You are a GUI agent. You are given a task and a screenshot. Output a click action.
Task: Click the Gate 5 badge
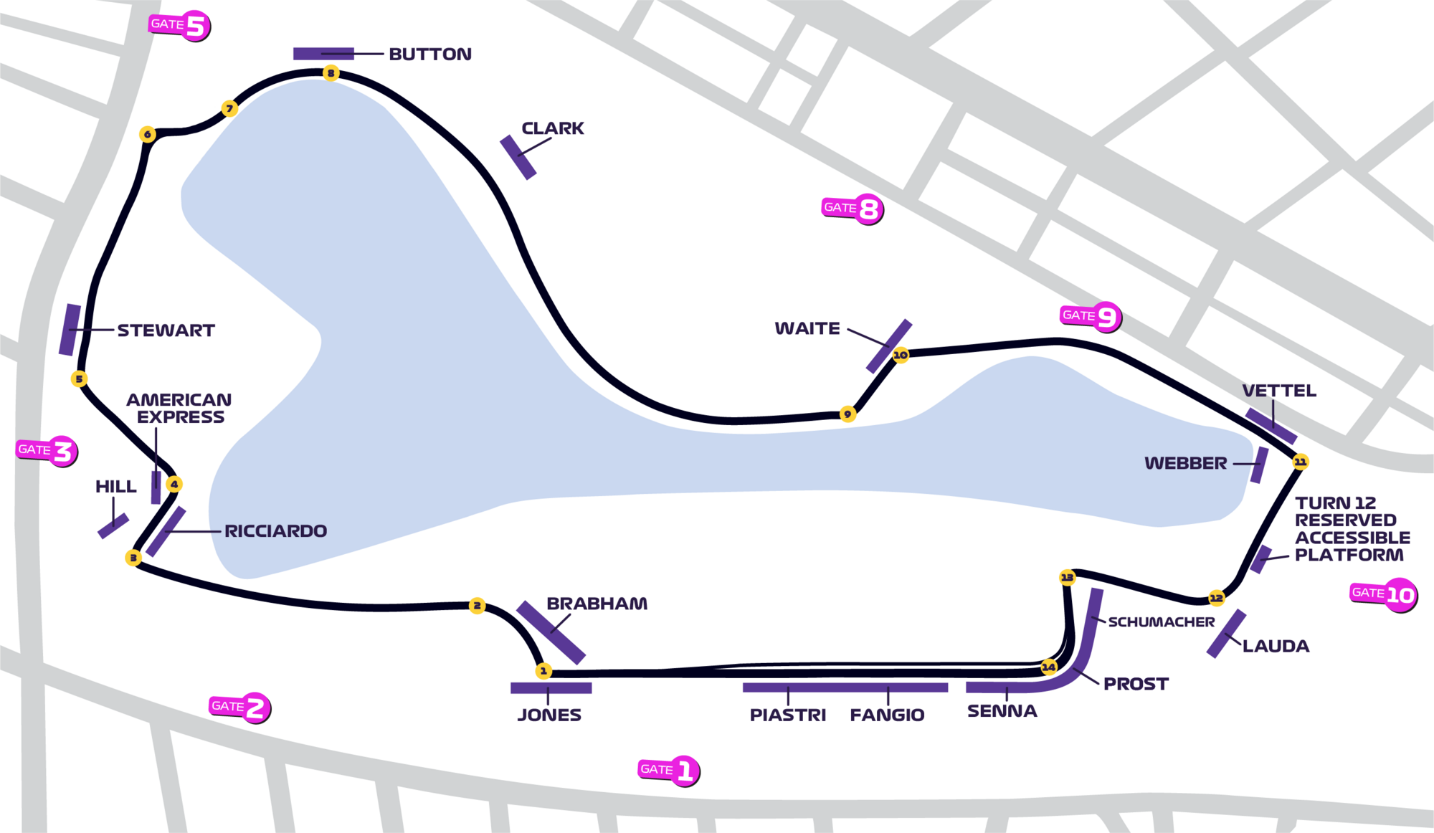[180, 26]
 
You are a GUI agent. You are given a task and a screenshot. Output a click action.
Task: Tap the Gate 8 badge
[853, 209]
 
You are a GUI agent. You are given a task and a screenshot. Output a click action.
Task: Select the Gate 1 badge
[669, 771]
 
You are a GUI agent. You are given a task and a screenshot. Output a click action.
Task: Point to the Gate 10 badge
[1384, 594]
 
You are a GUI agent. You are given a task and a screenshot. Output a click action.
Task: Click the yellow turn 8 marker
[331, 73]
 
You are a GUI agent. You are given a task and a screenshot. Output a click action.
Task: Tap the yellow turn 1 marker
[543, 671]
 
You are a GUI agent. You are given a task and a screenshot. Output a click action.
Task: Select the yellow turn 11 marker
[1300, 462]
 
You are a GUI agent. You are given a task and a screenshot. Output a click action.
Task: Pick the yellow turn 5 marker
[80, 379]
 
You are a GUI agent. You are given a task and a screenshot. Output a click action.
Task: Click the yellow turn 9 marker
[847, 414]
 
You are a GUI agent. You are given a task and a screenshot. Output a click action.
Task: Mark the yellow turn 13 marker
[1068, 577]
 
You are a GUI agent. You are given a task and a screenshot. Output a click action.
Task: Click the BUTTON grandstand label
[430, 54]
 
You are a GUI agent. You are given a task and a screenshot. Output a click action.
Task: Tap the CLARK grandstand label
[553, 128]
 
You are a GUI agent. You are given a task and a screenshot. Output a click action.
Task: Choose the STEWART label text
[166, 330]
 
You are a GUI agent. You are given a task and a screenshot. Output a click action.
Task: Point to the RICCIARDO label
[276, 531]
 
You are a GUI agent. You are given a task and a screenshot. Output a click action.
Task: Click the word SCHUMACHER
[1162, 622]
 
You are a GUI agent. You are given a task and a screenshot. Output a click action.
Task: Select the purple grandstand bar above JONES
[551, 688]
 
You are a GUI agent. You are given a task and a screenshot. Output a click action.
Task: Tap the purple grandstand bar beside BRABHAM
[551, 632]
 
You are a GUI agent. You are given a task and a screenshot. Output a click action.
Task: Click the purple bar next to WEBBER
[1259, 465]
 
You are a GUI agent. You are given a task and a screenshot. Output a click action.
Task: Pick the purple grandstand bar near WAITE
[889, 346]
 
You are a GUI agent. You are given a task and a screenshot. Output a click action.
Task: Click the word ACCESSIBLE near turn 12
[1352, 538]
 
